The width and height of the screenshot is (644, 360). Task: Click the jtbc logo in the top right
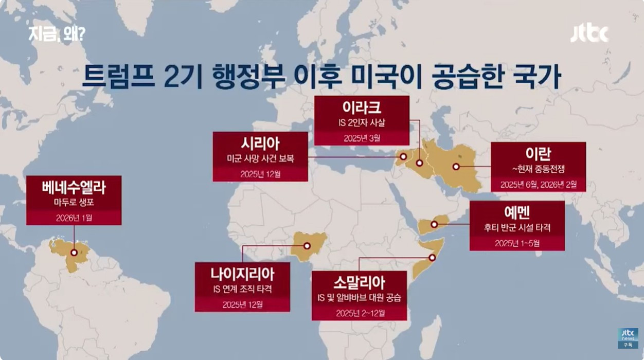click(589, 34)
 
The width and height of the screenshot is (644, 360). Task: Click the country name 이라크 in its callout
click(362, 107)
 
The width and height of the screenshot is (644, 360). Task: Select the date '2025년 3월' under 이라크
click(362, 138)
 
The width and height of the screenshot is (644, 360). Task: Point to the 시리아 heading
click(260, 143)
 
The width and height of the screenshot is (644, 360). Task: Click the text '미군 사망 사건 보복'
click(260, 158)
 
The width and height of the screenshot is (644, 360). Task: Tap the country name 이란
click(538, 153)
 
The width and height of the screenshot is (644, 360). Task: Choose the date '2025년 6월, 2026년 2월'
click(538, 183)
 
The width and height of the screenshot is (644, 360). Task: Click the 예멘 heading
click(517, 212)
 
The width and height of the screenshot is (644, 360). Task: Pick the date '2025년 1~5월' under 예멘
click(517, 243)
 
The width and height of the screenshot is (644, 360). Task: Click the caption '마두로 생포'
click(74, 203)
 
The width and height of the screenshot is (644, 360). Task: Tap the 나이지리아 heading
click(242, 273)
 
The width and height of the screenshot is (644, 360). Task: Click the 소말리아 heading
click(359, 282)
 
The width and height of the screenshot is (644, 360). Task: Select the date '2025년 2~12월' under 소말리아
click(359, 313)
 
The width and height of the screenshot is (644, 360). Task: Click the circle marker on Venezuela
click(74, 253)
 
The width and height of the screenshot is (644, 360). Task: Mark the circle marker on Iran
click(456, 166)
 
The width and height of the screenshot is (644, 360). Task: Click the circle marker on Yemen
click(434, 224)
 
